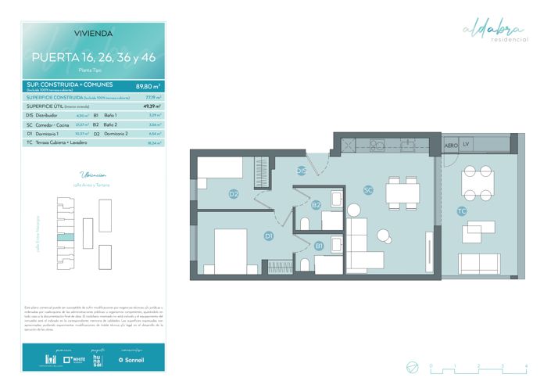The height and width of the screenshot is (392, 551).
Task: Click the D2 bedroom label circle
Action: point(233,194)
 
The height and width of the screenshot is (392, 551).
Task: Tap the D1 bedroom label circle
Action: point(268,236)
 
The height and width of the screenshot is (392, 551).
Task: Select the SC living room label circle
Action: point(368,189)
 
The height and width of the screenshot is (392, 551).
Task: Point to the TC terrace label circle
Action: point(461,211)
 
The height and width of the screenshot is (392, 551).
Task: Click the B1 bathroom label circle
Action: point(320,245)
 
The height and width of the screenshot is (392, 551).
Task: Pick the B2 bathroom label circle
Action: point(316,205)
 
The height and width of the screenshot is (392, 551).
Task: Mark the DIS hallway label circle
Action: point(301,171)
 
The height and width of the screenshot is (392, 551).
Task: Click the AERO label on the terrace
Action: point(451,146)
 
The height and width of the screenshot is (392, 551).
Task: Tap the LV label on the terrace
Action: point(466,146)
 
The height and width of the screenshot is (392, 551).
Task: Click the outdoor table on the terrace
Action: point(476,185)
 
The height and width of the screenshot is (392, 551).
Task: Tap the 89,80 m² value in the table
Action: point(148,86)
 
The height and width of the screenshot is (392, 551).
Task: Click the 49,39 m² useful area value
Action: point(151,106)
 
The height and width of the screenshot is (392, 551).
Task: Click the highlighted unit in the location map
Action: point(68,236)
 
